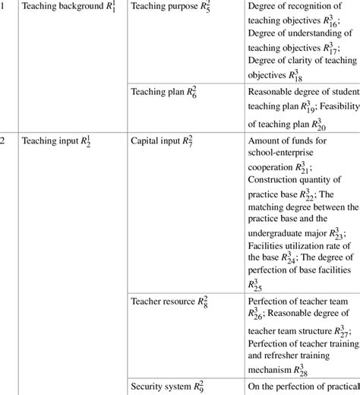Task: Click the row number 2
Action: (3, 141)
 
